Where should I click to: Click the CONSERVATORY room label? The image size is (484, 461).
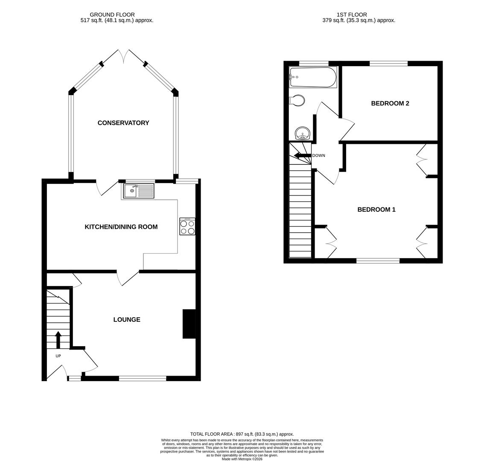point(123,123)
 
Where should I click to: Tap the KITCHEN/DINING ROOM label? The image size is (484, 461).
point(121,227)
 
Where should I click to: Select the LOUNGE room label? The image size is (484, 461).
point(127,320)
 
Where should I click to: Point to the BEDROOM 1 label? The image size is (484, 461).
point(376,210)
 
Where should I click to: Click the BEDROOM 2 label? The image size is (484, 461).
point(390,103)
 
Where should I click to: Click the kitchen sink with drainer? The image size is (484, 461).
point(139,191)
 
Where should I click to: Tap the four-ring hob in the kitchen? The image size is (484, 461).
point(187,226)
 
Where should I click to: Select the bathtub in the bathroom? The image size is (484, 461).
point(313,77)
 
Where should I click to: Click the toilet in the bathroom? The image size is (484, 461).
point(297,101)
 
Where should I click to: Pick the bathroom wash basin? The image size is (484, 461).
point(303,133)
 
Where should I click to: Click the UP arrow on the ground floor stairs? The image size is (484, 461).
point(58,340)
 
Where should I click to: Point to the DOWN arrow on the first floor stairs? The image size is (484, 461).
point(302,155)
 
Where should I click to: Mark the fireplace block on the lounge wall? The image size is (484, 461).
point(189,324)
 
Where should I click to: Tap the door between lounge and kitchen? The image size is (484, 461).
point(127,277)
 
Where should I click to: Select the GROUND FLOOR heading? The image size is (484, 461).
point(112,15)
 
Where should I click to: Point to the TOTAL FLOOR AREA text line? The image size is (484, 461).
point(242,434)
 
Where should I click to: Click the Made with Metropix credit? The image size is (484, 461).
point(242,459)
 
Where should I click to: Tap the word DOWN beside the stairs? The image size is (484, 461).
point(319,155)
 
